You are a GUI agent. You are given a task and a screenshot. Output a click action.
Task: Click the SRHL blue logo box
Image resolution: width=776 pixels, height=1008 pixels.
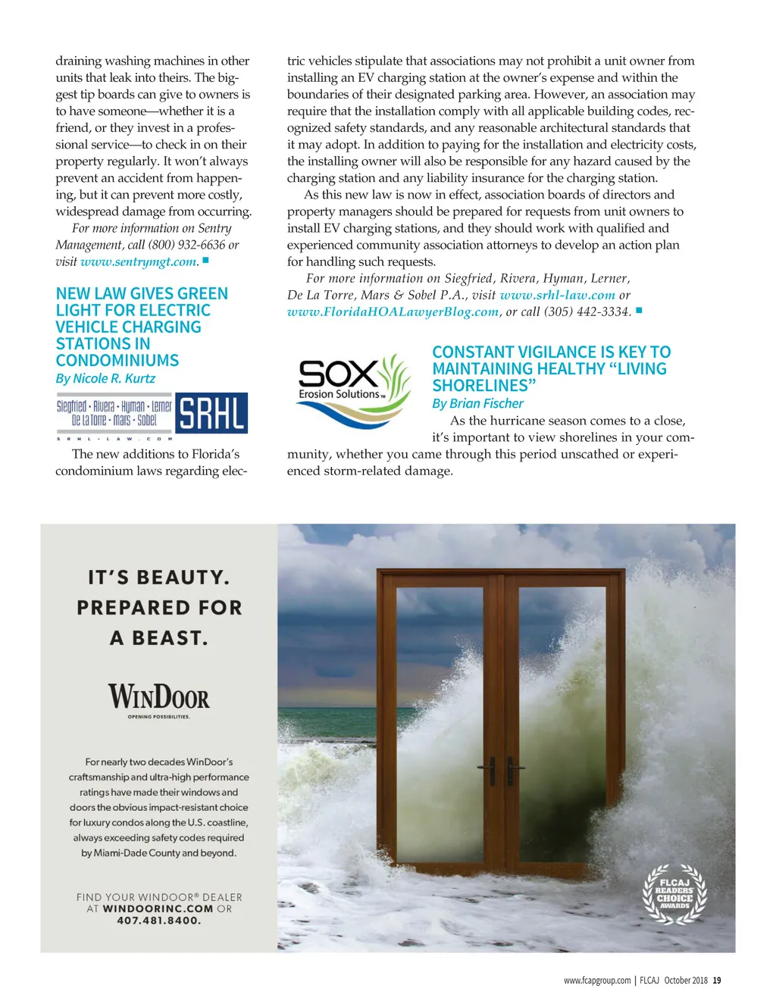pos(211,413)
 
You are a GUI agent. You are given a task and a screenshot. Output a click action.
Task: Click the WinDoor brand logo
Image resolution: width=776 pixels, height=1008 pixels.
pos(158,697)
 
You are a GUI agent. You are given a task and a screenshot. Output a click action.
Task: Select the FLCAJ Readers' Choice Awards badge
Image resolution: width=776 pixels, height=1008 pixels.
pos(674,894)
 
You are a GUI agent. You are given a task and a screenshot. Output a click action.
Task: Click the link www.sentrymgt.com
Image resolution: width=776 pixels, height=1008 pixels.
pos(139,261)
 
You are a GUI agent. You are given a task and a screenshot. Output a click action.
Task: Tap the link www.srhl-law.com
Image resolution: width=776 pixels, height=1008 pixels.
pos(557,295)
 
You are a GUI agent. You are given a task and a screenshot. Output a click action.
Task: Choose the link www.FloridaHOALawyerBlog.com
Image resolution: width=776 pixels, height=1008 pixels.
pos(393,311)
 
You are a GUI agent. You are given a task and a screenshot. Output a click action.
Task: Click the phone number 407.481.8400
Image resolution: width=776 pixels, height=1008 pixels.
pos(158,921)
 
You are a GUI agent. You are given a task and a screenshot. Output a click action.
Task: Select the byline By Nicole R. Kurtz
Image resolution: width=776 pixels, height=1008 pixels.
pos(105,378)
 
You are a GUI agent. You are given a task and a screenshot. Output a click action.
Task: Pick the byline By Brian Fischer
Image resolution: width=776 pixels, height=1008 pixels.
pos(477,403)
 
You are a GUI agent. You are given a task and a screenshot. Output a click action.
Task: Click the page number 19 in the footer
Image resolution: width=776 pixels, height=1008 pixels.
pos(717,980)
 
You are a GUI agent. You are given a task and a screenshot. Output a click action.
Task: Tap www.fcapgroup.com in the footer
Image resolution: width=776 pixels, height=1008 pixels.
pos(597,980)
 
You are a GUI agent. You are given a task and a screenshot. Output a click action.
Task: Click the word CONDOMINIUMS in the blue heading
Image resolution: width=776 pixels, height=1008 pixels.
pos(117,361)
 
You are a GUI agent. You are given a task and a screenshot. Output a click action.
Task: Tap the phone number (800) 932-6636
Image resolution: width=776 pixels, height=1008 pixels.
pos(187,245)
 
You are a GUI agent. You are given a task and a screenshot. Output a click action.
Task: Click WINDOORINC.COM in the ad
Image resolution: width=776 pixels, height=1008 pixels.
pos(158,909)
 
